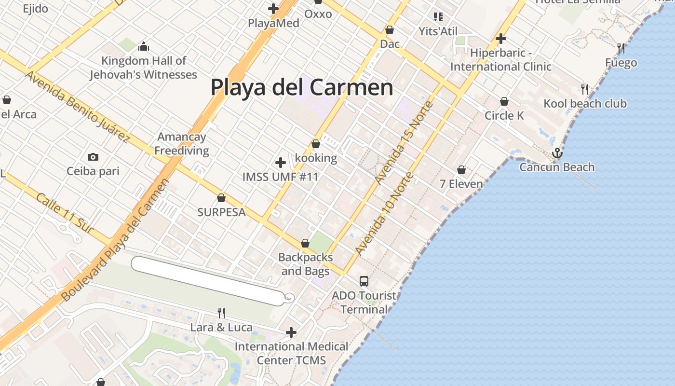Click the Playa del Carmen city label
[x=302, y=88]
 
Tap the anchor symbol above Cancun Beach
[x=557, y=153]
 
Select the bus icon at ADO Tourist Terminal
[x=364, y=281]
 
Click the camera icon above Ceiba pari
[x=93, y=157]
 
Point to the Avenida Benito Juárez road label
[x=77, y=107]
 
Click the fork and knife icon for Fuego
[x=621, y=48]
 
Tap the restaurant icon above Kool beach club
[x=585, y=89]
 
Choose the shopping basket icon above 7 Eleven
[x=461, y=170]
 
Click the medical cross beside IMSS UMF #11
[x=280, y=163]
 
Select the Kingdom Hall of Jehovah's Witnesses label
[x=144, y=68]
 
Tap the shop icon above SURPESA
[x=221, y=198]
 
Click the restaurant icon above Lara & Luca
[x=221, y=313]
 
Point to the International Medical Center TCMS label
[x=291, y=353]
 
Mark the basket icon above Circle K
[x=504, y=101]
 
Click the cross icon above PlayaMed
[x=273, y=8]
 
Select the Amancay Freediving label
[x=182, y=144]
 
